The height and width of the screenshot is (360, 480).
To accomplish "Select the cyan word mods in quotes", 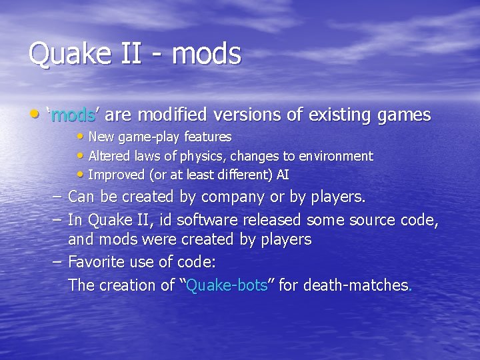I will (x=73, y=115).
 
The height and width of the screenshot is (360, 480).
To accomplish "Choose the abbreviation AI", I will (x=283, y=175).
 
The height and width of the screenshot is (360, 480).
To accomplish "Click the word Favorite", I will (x=98, y=261).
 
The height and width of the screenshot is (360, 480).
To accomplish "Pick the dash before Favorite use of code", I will (x=56, y=261).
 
